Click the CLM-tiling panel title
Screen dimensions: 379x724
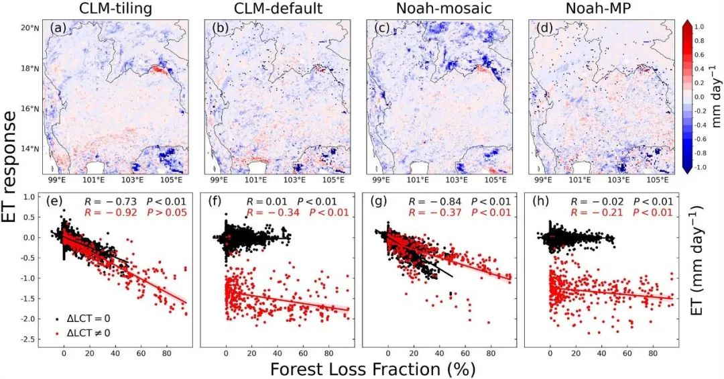click(x=115, y=9)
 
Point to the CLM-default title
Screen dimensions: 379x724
click(x=277, y=9)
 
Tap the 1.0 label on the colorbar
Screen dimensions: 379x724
click(x=699, y=27)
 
